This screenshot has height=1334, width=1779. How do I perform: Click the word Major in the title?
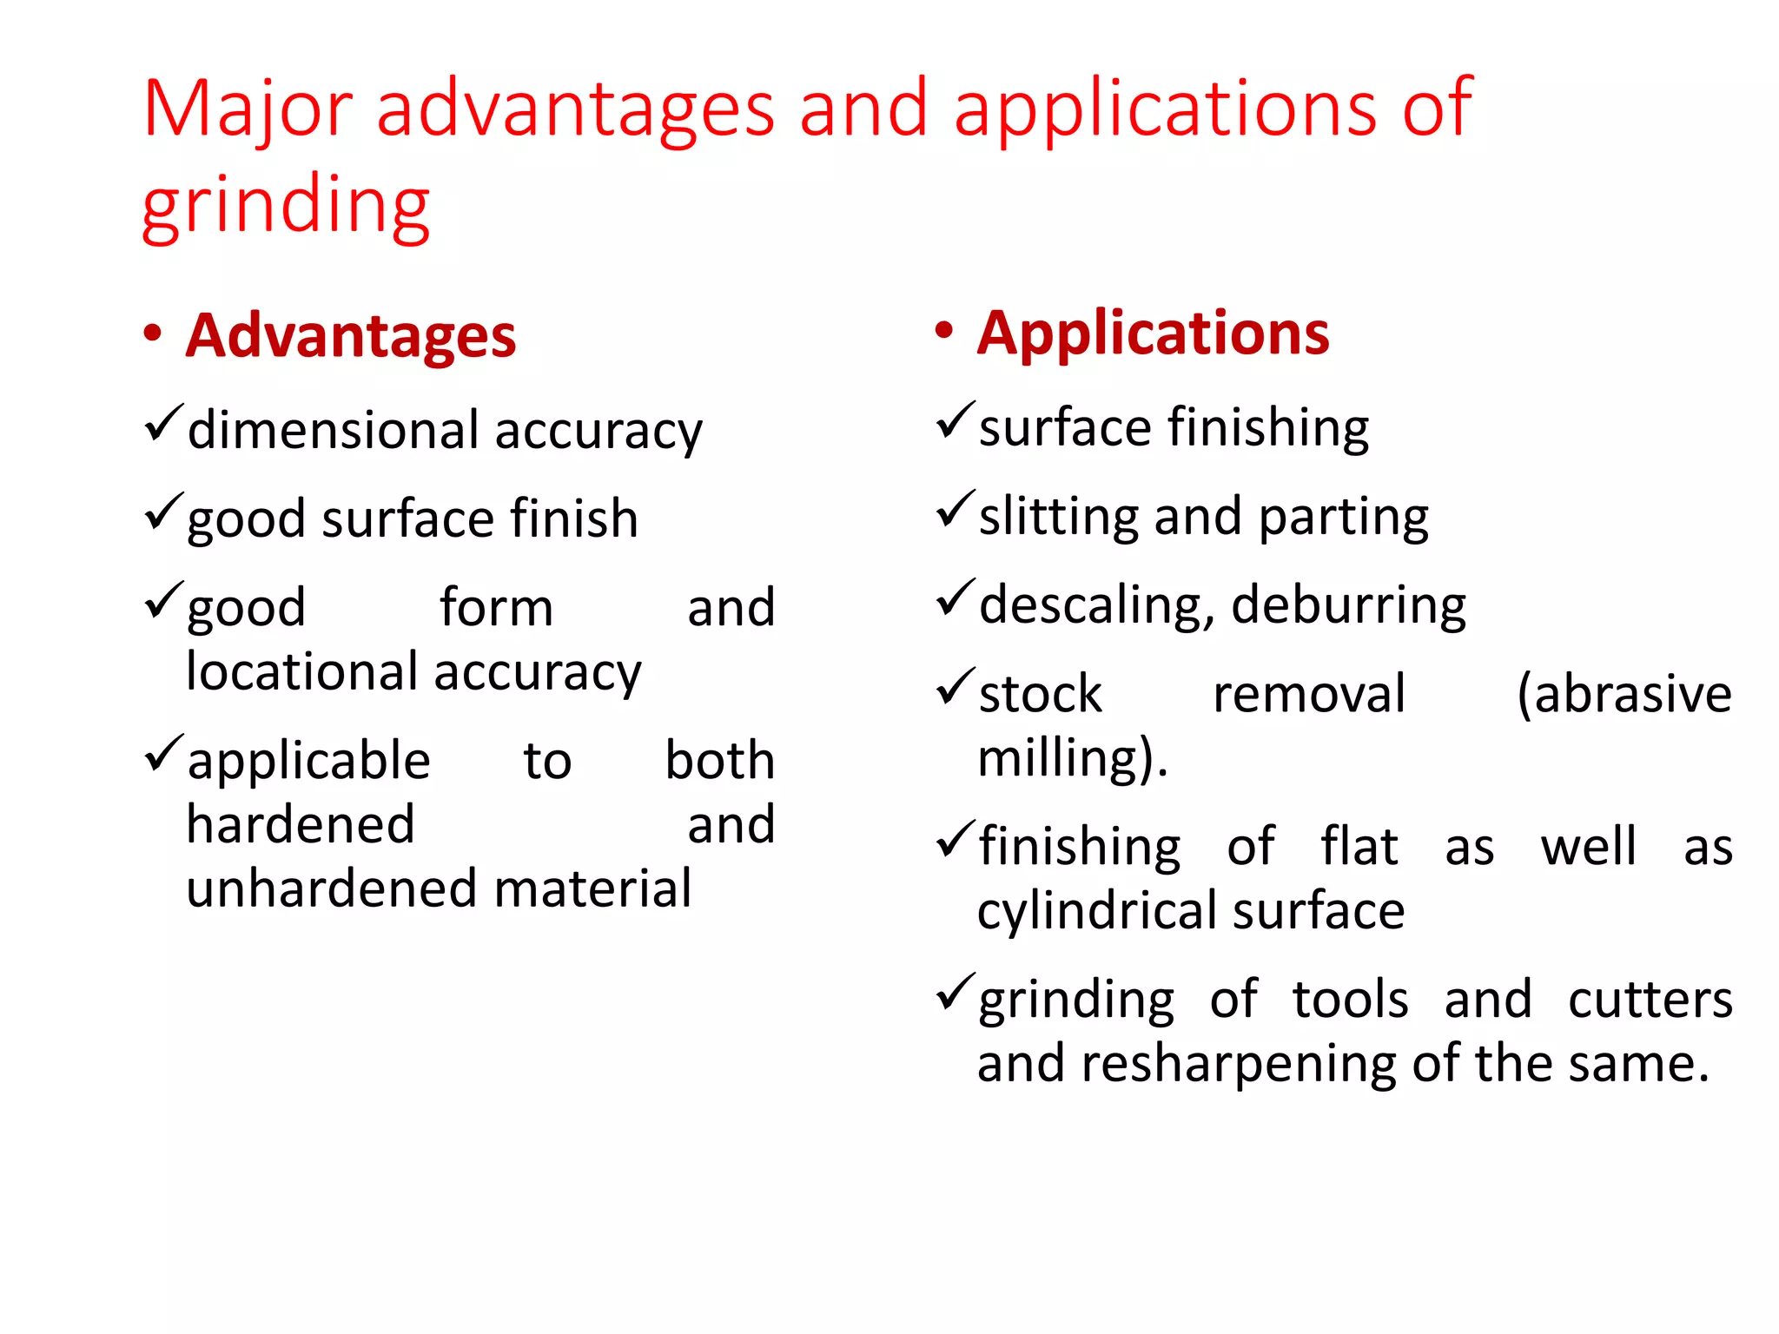[x=248, y=109]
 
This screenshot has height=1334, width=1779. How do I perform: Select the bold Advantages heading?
[x=351, y=336]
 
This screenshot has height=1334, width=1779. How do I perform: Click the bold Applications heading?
[x=1153, y=333]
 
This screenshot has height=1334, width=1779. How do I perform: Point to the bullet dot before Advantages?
[x=153, y=334]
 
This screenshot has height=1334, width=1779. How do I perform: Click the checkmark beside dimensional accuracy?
[x=163, y=424]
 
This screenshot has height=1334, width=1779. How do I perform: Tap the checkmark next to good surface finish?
[x=163, y=512]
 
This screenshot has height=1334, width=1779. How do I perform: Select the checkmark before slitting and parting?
[x=956, y=510]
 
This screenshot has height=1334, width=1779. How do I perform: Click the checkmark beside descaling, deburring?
[x=956, y=598]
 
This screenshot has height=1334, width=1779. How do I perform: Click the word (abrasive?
[x=1624, y=694]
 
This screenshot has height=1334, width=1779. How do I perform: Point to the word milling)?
[x=1073, y=758]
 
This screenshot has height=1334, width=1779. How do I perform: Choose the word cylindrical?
[x=1098, y=912]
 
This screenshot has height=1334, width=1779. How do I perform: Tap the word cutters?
[x=1650, y=1000]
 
